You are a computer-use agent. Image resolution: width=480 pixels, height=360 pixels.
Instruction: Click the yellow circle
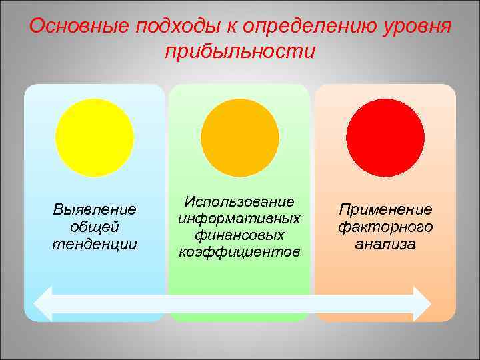pos(95,137)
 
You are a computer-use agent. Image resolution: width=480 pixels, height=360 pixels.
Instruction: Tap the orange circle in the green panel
pos(240,137)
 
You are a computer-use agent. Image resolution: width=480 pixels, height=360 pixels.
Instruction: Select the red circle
pos(385,137)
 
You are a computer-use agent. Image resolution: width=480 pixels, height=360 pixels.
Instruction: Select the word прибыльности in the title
pos(240,51)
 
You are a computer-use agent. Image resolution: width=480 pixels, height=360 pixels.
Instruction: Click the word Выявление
pos(95,210)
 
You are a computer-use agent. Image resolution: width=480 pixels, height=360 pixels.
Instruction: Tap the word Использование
pos(240,201)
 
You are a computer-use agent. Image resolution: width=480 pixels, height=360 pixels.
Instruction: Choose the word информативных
pos(240,218)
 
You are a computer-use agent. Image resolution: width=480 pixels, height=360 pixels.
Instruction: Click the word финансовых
pos(240,235)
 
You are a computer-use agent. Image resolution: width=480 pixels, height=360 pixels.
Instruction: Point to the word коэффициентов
pos(240,251)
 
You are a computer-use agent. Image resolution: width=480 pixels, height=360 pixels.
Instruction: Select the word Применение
pos(385,210)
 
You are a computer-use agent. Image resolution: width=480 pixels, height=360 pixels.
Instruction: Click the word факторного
pos(385,227)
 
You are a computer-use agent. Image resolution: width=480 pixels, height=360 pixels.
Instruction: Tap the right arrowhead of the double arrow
pos(421,304)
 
